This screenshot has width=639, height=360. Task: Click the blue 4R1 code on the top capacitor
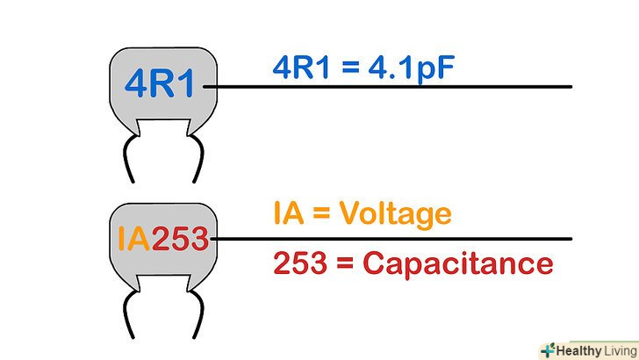pos(162,84)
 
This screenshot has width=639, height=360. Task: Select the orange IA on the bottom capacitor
pos(133,238)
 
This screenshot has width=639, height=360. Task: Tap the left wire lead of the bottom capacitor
pos(129,316)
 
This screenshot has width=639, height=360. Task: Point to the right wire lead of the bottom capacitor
pos(198,316)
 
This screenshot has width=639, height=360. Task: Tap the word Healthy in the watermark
pos(579,348)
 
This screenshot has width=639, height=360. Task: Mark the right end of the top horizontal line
pos(571,86)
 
